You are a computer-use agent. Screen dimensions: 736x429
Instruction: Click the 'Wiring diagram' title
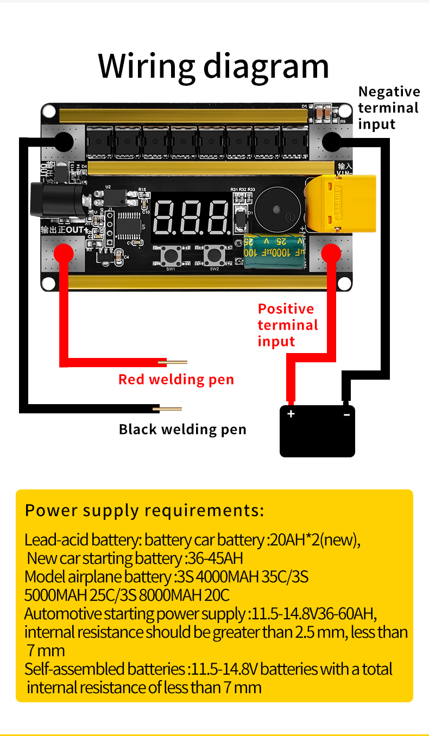click(x=213, y=66)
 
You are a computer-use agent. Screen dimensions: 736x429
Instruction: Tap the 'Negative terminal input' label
click(x=389, y=108)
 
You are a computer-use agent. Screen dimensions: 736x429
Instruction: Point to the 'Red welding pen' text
click(x=176, y=379)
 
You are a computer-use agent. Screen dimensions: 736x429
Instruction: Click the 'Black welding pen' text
click(x=182, y=430)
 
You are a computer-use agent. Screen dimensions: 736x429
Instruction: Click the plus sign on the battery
click(x=291, y=414)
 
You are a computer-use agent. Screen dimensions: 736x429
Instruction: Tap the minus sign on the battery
click(x=346, y=414)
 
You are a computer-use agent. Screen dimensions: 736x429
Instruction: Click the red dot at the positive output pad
click(x=64, y=253)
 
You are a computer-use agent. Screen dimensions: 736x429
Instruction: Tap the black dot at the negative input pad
click(x=332, y=142)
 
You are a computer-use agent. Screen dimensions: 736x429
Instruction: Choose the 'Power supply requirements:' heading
click(x=144, y=511)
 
